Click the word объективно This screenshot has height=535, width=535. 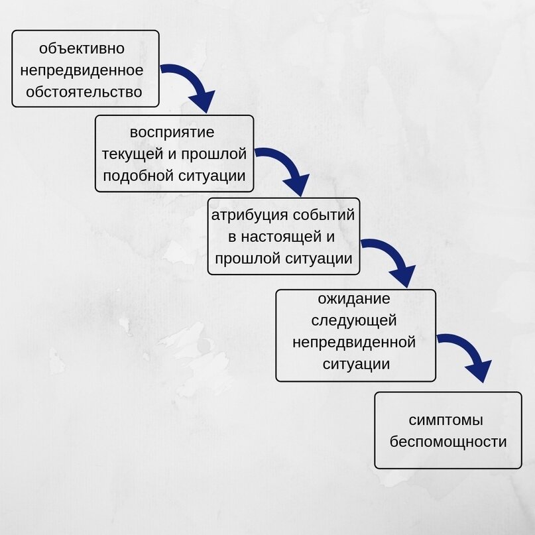pos(82,48)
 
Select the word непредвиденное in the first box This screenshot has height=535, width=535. pos(84,70)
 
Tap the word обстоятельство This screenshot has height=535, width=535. pos(84,91)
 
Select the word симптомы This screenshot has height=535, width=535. pos(446,420)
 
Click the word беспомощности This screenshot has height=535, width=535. pos(448,442)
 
